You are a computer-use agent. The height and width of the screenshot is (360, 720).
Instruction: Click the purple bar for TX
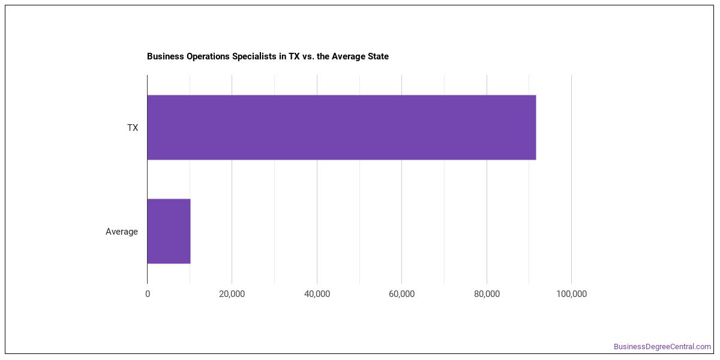click(x=341, y=127)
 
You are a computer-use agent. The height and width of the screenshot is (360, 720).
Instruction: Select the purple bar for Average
click(x=169, y=232)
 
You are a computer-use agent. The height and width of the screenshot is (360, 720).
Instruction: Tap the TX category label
click(x=133, y=128)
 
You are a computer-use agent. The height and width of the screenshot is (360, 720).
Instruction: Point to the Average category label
click(x=121, y=232)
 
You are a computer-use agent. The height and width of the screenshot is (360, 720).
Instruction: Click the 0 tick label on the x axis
click(x=148, y=294)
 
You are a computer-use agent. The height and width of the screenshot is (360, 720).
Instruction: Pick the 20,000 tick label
click(x=232, y=294)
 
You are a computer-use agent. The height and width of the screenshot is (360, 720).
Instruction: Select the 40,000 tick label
click(x=317, y=294)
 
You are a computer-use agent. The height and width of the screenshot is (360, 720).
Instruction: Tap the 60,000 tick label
click(x=401, y=294)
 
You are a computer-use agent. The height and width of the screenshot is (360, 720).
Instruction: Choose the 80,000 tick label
click(x=487, y=294)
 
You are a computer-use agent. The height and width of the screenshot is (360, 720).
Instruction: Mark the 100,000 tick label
click(x=571, y=294)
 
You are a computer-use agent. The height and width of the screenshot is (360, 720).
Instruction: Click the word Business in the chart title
click(x=166, y=56)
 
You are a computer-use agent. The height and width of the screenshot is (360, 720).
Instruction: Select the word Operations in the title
click(x=208, y=56)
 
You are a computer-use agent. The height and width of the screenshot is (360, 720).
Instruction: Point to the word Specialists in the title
click(x=254, y=56)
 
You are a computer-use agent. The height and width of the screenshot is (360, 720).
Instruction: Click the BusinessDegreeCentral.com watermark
click(x=662, y=347)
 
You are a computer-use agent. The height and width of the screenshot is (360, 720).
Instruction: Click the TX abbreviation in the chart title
click(x=294, y=56)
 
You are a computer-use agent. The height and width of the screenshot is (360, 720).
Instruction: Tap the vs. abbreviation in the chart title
click(x=308, y=57)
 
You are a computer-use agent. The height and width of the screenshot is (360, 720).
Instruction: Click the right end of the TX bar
click(x=536, y=127)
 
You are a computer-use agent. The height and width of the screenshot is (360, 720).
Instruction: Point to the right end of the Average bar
click(x=190, y=232)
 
